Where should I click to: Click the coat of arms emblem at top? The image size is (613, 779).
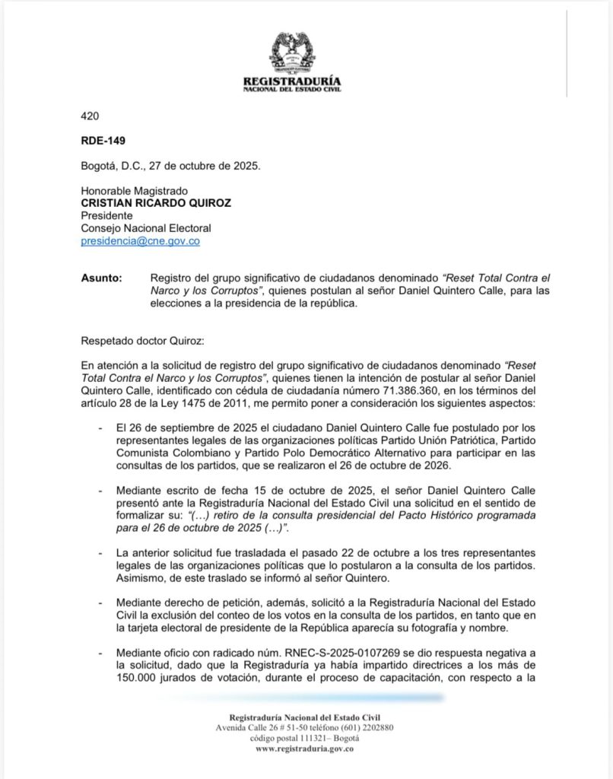tap(291, 52)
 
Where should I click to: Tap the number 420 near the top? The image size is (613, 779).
tap(90, 116)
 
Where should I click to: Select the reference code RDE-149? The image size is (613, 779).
tap(103, 141)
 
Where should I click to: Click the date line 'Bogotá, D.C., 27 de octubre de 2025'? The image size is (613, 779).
tap(170, 166)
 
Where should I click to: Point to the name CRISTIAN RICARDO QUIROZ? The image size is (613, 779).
tap(157, 203)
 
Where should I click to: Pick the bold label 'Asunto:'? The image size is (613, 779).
tap(101, 278)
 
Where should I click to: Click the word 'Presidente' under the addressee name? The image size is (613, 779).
tap(108, 215)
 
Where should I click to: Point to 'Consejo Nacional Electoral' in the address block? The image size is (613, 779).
tap(146, 228)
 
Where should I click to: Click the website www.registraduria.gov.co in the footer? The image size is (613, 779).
tap(305, 749)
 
